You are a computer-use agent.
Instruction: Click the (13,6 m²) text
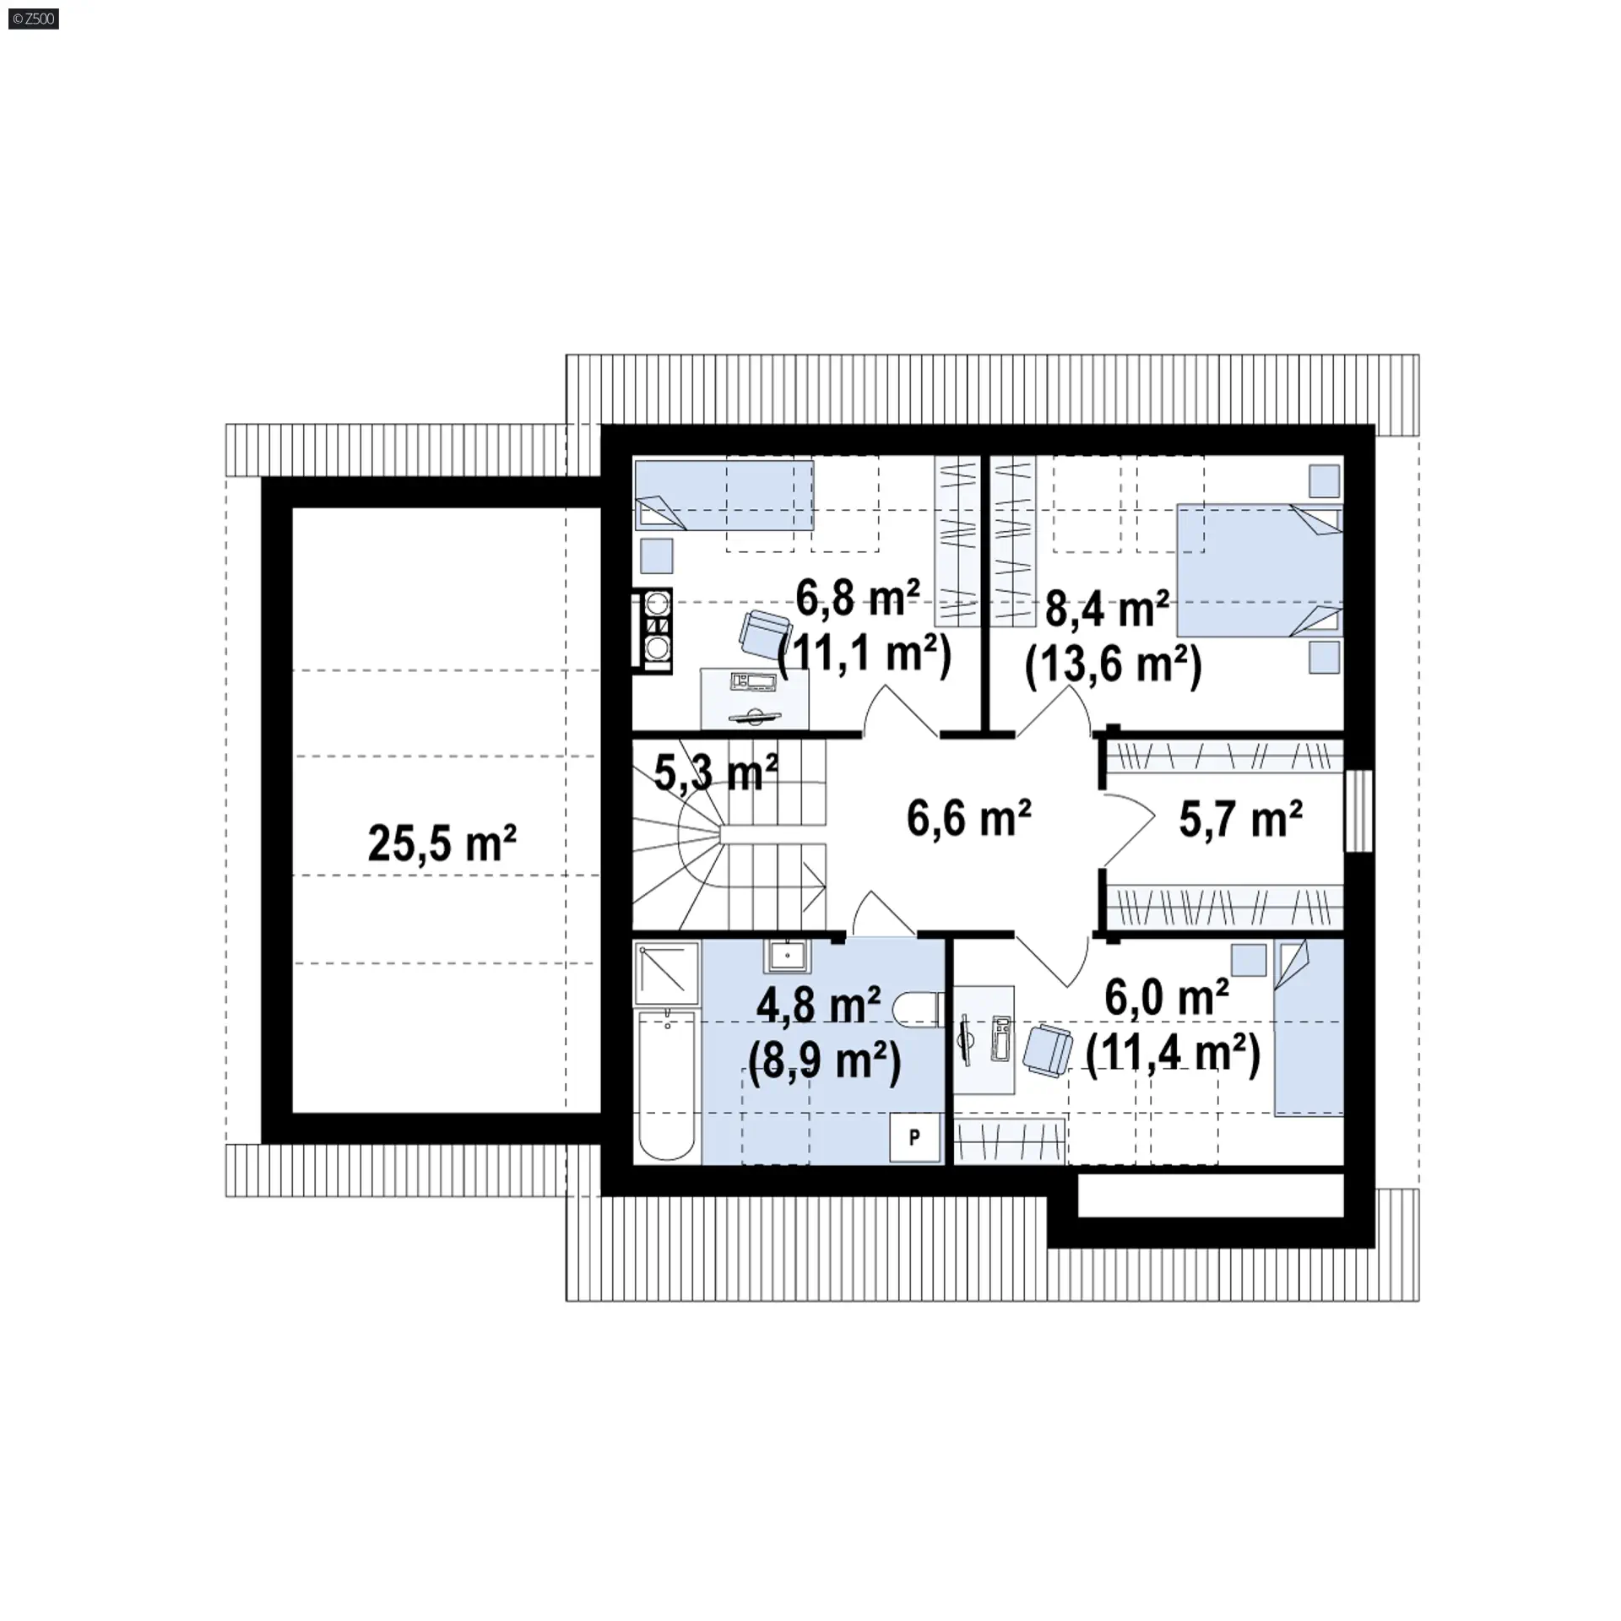point(1113,665)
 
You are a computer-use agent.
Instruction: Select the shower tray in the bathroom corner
point(667,973)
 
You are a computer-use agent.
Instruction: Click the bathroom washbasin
point(787,956)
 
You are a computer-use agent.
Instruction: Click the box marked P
point(915,1138)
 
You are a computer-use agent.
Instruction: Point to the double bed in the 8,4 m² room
point(1260,570)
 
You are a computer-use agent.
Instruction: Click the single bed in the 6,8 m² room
point(724,495)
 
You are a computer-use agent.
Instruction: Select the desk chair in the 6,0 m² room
point(1048,1050)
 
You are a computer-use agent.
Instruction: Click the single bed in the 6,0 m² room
point(1309,1028)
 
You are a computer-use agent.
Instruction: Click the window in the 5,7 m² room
point(1359,810)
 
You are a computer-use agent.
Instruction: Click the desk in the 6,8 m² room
point(755,697)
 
